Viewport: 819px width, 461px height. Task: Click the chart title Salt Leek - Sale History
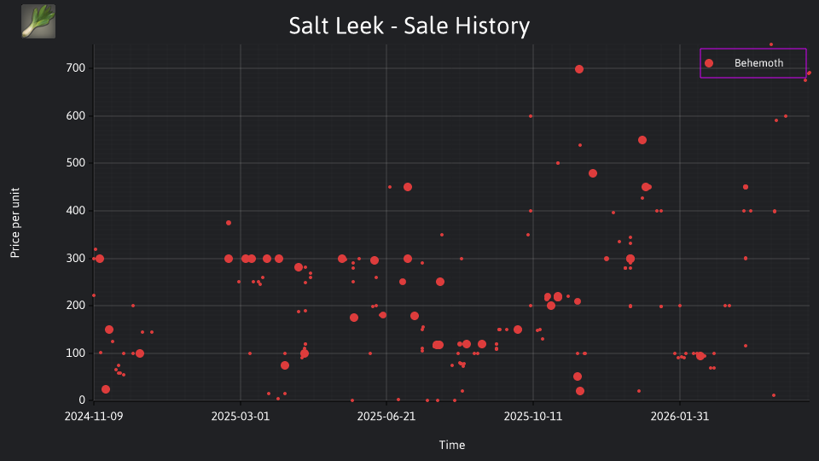[x=409, y=26]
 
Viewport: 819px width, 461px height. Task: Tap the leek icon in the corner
[x=38, y=21]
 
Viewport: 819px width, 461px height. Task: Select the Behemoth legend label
[x=758, y=63]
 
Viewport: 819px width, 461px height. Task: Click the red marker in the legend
[x=709, y=63]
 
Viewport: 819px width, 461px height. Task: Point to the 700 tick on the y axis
[x=76, y=68]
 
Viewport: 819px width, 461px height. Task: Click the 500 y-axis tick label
[x=76, y=163]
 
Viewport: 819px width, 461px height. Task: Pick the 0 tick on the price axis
[x=82, y=400]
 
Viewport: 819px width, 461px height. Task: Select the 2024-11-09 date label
[x=94, y=417]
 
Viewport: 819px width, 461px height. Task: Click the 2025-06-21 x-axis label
[x=386, y=417]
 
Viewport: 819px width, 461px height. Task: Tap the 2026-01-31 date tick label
[x=680, y=417]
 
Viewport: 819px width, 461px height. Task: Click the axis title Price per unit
[x=15, y=223]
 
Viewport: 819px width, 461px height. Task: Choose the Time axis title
[x=452, y=445]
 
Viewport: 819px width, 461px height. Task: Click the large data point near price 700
[x=578, y=69]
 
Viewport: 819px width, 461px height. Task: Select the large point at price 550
[x=642, y=140]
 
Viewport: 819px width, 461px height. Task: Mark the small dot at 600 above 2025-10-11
[x=531, y=116]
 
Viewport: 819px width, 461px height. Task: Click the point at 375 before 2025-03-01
[x=229, y=223]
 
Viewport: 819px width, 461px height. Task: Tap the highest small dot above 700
[x=771, y=44]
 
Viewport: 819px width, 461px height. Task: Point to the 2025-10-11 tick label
[x=532, y=417]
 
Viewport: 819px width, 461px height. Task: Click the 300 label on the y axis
[x=76, y=258]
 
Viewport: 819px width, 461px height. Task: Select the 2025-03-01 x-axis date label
[x=241, y=417]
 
